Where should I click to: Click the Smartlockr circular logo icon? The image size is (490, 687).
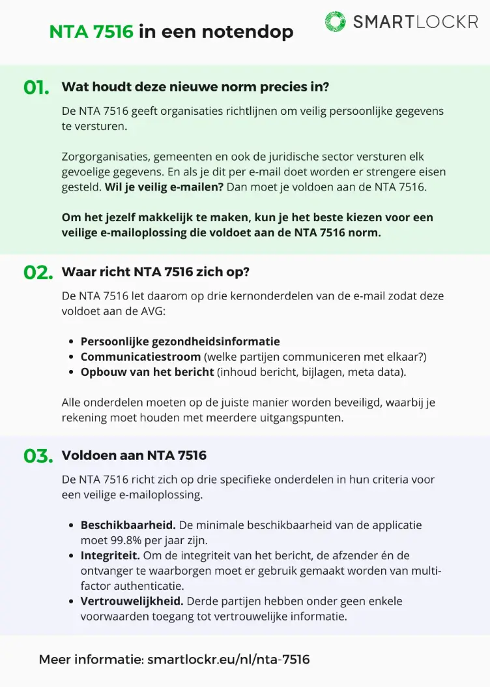pos(336,22)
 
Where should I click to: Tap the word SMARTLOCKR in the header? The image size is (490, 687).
pos(415,22)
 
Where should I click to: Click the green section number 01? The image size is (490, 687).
pos(37,88)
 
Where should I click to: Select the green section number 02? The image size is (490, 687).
pos(38,273)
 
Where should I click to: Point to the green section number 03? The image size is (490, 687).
pos(38,456)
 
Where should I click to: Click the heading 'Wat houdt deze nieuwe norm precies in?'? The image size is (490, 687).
pos(195,87)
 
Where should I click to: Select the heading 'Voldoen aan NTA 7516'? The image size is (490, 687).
pos(134,455)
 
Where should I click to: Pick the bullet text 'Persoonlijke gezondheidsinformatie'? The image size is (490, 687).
pos(180,341)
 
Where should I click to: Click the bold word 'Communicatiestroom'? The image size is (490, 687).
pos(141,357)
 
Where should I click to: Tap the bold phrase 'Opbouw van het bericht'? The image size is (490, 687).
pos(147,372)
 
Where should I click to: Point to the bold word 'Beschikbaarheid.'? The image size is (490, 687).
pos(128,525)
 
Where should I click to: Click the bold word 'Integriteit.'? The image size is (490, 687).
pos(110,555)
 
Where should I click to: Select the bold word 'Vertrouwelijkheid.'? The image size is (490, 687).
pos(132,600)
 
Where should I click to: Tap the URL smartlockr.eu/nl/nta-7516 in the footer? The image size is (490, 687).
pos(228,660)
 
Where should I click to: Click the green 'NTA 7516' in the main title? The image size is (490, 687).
pos(91,31)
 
